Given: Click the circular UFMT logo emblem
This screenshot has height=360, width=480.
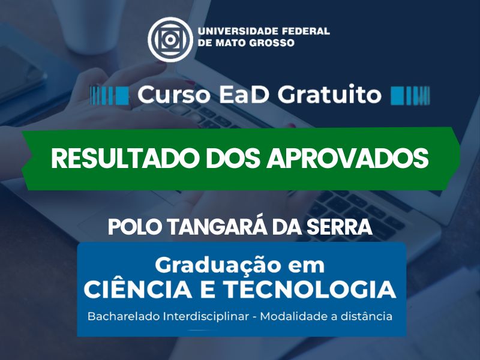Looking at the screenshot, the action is (170, 40).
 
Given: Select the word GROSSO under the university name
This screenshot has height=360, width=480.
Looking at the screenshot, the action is (272, 43).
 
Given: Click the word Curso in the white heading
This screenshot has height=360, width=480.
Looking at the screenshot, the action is (173, 95).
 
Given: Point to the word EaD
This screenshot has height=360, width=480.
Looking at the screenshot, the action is (244, 95).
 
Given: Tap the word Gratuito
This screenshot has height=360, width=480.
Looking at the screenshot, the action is (329, 95).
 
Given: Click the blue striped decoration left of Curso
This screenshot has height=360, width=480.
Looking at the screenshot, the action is (109, 95).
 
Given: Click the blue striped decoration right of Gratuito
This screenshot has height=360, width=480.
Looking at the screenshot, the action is (410, 95).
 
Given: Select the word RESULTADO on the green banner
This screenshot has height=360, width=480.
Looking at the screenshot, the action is (126, 158).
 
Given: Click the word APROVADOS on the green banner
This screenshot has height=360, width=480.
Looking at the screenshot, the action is (347, 158).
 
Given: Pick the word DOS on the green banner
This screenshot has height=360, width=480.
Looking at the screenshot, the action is (233, 158).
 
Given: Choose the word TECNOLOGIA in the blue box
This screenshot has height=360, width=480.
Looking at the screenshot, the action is (309, 289).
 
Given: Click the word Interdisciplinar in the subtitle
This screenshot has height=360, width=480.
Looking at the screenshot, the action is (206, 316).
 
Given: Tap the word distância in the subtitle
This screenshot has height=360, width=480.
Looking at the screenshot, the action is (366, 316).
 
